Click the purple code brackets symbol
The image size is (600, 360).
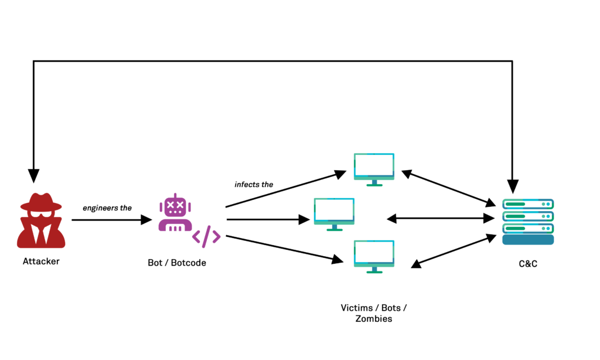(206, 236)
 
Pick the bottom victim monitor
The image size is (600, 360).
(374, 256)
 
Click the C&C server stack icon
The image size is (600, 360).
(528, 222)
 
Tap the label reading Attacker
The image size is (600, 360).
(41, 261)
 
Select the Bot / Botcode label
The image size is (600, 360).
(177, 263)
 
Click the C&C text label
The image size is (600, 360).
(527, 264)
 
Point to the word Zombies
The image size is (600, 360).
(374, 319)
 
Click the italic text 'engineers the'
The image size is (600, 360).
(107, 208)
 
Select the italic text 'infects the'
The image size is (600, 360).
(254, 184)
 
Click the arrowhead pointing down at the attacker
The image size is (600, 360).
(33, 175)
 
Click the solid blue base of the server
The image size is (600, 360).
(528, 240)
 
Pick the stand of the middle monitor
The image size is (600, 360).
(334, 228)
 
